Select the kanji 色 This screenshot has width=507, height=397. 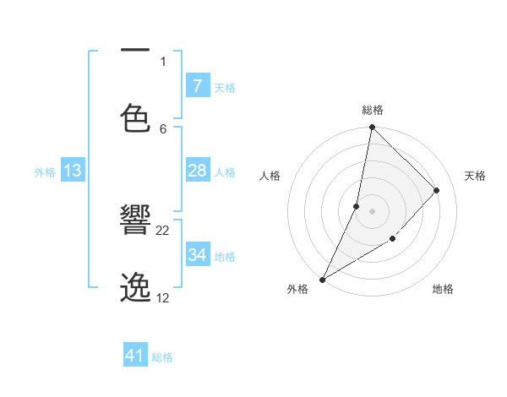(x=135, y=118)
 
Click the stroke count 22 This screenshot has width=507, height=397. (x=163, y=230)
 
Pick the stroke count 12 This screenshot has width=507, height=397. (x=163, y=297)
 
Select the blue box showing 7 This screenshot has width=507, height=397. (x=197, y=85)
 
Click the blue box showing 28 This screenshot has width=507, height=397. (x=197, y=171)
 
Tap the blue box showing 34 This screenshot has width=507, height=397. (x=197, y=255)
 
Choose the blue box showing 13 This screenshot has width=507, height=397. (x=73, y=171)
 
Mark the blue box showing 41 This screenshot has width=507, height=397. (x=135, y=356)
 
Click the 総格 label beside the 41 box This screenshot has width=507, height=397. (x=162, y=357)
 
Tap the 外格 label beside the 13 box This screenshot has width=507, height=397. (x=45, y=171)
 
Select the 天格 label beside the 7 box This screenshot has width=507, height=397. (x=225, y=87)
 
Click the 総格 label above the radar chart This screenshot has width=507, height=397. (x=373, y=110)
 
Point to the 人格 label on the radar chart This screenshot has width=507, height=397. (x=270, y=176)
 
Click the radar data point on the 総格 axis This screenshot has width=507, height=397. (x=372, y=127)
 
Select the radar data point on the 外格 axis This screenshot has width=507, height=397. (x=322, y=280)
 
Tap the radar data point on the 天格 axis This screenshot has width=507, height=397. (x=437, y=190)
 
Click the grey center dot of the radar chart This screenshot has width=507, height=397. (x=372, y=211)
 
